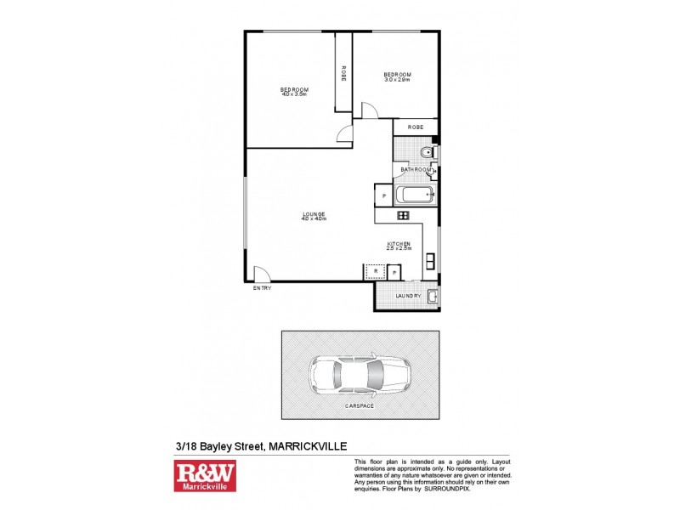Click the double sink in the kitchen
pos(431,260)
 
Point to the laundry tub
pos(432,296)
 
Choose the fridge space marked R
pos(373,272)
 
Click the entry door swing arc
pos(263,273)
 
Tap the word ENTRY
pos(261,289)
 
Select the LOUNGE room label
pos(314,213)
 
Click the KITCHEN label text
pos(399,243)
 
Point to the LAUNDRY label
pos(409,296)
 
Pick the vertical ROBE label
pos(343,73)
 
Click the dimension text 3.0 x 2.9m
pos(397,79)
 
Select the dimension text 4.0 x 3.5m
pos(294,93)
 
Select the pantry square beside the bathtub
pos(384,196)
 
